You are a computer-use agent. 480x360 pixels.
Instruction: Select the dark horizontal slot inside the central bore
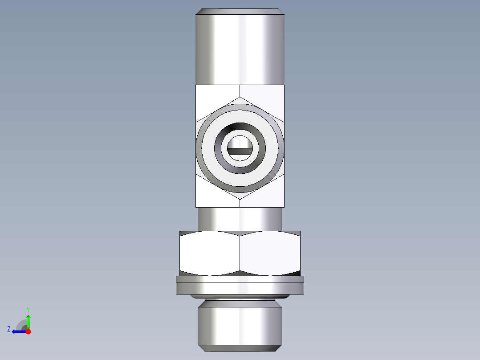tap(240, 151)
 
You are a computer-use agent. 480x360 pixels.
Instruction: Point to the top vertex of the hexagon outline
tap(240, 97)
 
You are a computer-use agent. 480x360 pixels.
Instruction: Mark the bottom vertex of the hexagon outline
tap(240, 195)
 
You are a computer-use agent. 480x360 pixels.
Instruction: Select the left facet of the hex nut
tap(209, 253)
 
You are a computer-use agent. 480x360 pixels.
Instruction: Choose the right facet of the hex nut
tap(270, 253)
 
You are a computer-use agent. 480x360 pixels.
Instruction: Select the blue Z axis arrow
tap(18, 331)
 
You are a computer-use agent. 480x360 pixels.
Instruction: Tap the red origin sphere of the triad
tap(28, 331)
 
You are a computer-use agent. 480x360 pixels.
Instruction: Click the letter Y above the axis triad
tap(28, 310)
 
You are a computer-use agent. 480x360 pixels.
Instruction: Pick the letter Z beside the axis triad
tap(9, 329)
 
